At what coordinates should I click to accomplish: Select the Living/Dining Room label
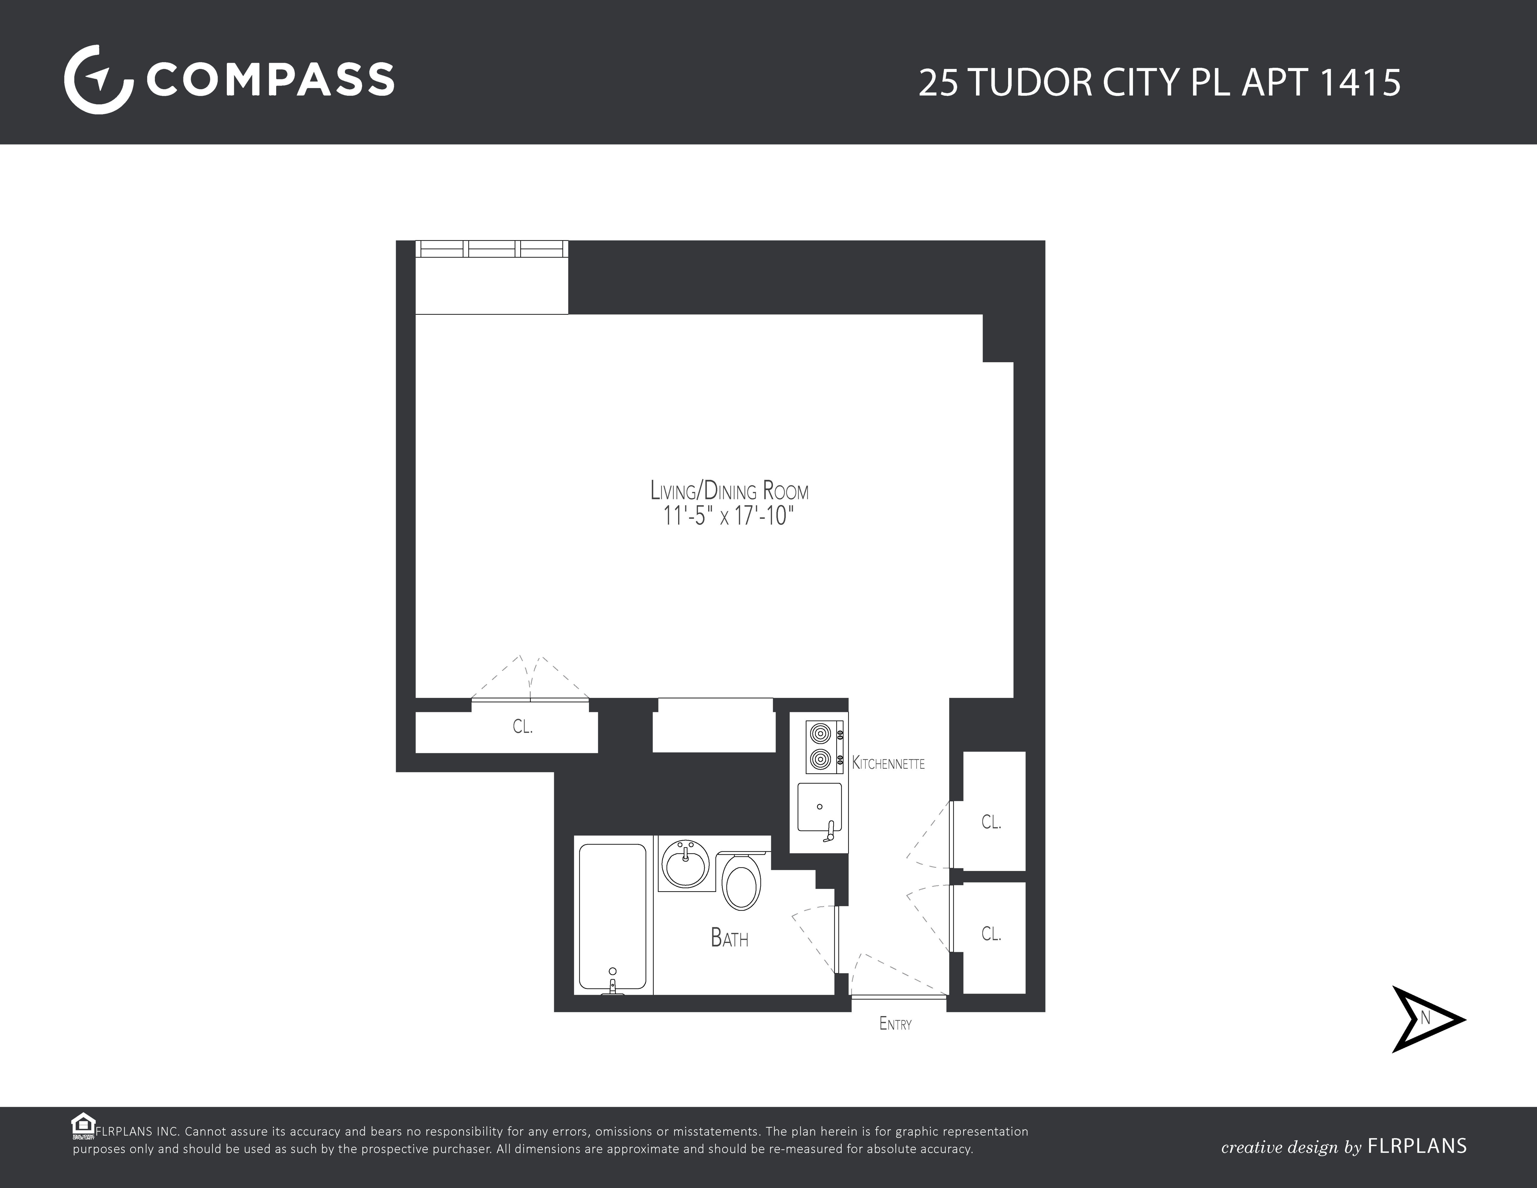pos(729,491)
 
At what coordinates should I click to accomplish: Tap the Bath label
pos(729,938)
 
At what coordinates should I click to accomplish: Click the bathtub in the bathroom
pos(612,915)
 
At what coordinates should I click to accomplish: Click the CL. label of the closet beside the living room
pos(522,727)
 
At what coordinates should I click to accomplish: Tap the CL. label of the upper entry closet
pos(991,822)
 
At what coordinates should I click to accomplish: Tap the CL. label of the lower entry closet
pos(991,934)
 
